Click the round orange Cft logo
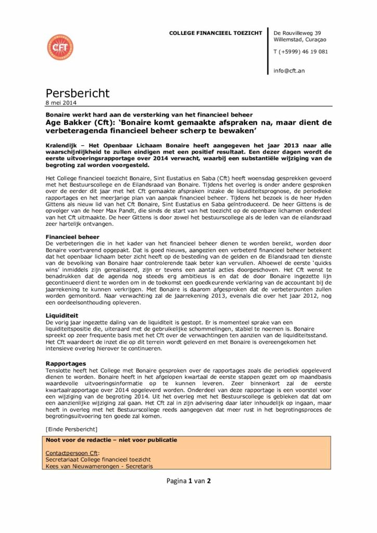point(60,47)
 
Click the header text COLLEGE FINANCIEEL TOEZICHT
point(216,33)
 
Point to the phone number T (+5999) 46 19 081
point(300,52)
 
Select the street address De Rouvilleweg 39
point(297,33)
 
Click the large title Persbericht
point(78,93)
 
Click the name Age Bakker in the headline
point(67,122)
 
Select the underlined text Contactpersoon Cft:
point(72,453)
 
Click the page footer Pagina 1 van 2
point(188,480)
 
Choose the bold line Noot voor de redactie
point(111,440)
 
